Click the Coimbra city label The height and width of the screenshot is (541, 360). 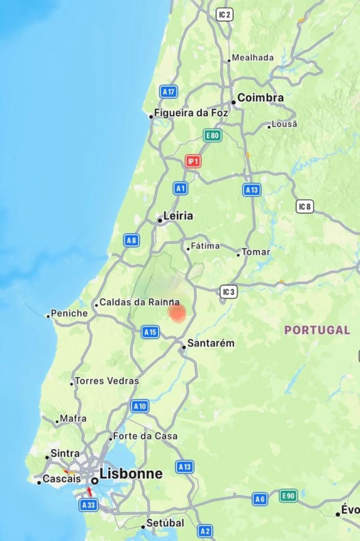point(260,98)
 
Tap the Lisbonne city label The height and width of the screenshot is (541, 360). point(131,474)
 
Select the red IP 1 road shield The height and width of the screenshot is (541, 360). point(193,162)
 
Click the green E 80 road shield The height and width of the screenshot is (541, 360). point(212,136)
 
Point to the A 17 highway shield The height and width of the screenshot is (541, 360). point(169,92)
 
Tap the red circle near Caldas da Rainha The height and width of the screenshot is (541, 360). point(176,313)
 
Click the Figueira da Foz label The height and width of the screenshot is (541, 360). point(191,113)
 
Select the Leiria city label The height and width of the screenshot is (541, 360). point(178,216)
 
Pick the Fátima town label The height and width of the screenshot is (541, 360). point(205,246)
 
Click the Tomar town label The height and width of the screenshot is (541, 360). point(256,252)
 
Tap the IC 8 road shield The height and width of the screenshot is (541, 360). point(304,207)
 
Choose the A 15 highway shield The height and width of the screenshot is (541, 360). point(150,332)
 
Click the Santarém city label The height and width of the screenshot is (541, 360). point(211,343)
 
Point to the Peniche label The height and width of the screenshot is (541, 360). point(69,313)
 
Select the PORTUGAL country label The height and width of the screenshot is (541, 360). point(317,330)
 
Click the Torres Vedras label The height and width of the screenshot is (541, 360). point(107,381)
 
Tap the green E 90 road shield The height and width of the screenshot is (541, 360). point(288,496)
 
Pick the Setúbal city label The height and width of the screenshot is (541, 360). point(165,523)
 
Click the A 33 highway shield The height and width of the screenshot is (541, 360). point(88,505)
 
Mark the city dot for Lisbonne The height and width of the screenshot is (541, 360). point(95,481)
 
